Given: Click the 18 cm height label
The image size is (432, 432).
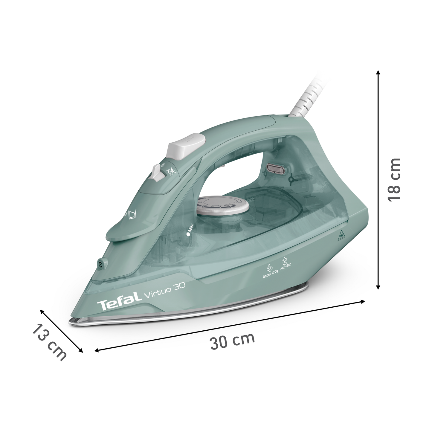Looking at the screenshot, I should [393, 179].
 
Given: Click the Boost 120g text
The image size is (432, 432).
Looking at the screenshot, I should [270, 272].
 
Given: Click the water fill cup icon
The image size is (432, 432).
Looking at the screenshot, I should [132, 215].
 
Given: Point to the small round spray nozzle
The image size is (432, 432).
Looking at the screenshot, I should [100, 264].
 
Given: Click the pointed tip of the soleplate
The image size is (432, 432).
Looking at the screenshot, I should [72, 321].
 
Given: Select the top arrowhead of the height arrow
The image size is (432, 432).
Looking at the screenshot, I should [378, 73].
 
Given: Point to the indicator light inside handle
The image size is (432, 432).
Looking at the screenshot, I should [274, 168].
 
